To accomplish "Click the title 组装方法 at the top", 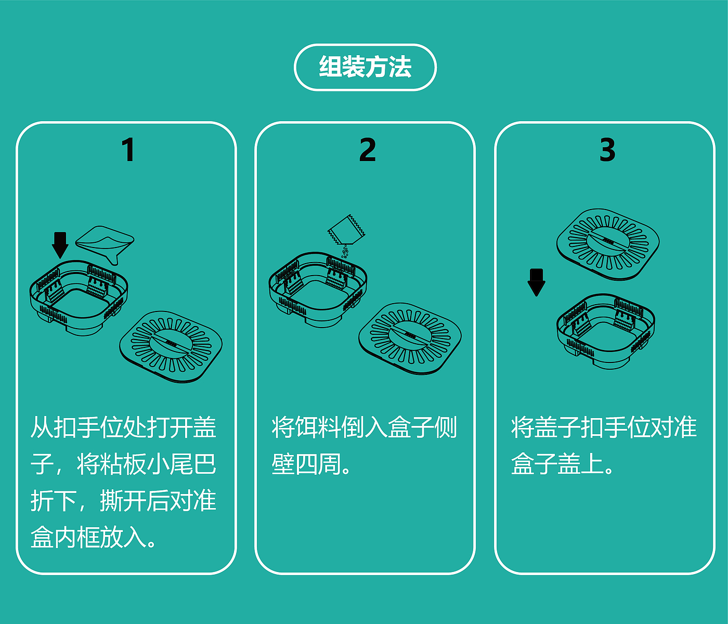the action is click(365, 67).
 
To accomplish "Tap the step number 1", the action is click(128, 150).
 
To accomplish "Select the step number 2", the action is click(367, 150).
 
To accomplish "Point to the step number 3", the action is click(607, 150).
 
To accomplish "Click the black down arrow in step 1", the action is click(60, 245).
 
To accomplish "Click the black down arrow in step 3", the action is click(537, 282).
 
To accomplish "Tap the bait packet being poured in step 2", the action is click(346, 230).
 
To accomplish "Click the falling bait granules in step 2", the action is click(345, 252).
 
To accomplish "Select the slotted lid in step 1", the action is click(171, 347).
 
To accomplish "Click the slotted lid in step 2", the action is click(410, 339).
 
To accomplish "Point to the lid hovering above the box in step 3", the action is click(608, 244).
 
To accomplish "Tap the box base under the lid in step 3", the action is click(606, 331).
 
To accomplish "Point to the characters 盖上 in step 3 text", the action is click(580, 464).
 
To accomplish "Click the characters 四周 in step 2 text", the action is click(318, 464).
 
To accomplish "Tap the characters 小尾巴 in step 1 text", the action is click(181, 464).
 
